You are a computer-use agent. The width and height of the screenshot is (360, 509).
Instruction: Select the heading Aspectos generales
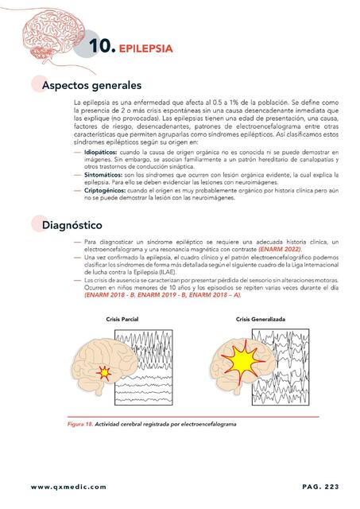(91, 84)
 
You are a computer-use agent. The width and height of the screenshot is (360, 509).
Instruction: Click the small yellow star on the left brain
(103, 371)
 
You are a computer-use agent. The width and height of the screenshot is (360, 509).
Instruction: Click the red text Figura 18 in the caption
(79, 423)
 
